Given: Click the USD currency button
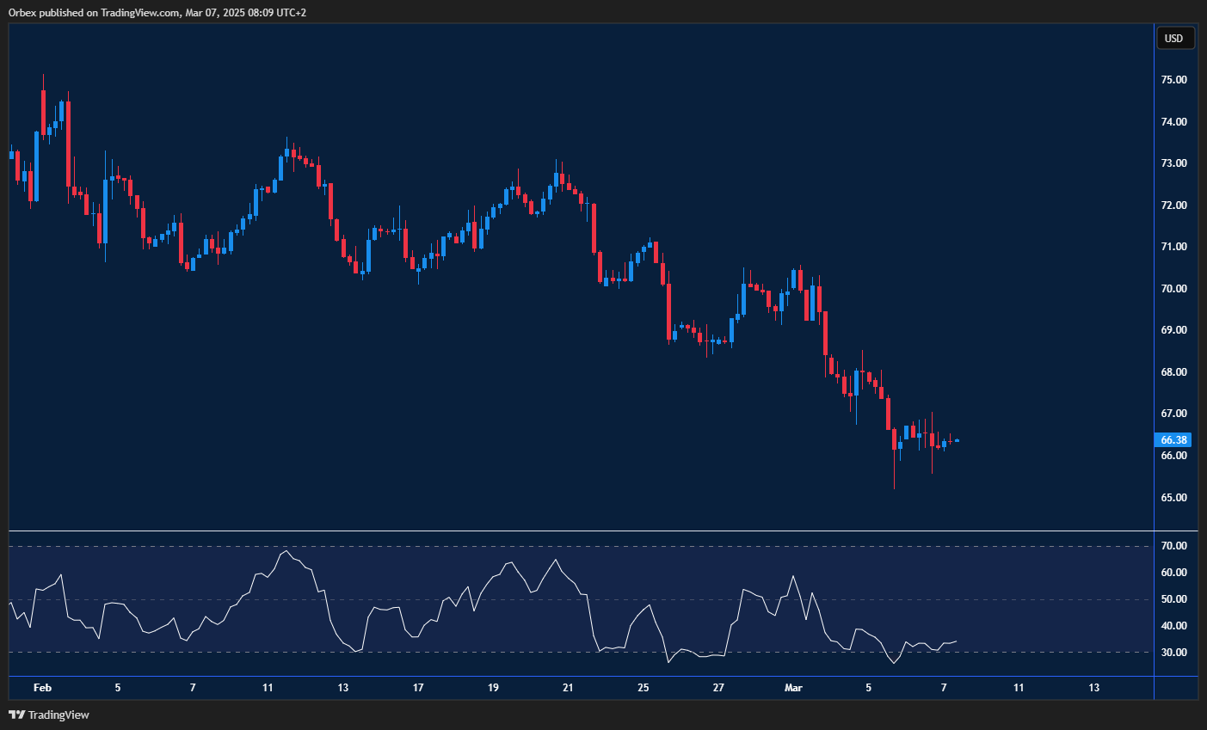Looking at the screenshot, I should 1173,38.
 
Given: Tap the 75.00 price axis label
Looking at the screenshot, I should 1173,80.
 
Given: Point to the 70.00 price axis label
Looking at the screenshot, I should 1173,289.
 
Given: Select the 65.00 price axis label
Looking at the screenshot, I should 1173,498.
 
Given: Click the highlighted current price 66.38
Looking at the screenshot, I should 1173,440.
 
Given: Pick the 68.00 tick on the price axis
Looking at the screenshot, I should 1173,372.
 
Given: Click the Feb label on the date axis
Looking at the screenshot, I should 42,688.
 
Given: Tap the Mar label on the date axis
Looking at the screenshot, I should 793,688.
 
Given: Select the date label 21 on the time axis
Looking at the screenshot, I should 568,688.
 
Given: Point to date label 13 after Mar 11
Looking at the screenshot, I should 1093,688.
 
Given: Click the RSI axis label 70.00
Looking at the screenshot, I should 1173,546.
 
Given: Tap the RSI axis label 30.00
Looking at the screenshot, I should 1173,653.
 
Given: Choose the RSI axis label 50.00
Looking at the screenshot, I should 1173,599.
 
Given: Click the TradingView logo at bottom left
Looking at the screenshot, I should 49,715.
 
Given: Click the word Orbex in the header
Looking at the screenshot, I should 22,13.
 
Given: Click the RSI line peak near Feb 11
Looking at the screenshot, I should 286,551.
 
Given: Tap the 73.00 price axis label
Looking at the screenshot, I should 1173,163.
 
